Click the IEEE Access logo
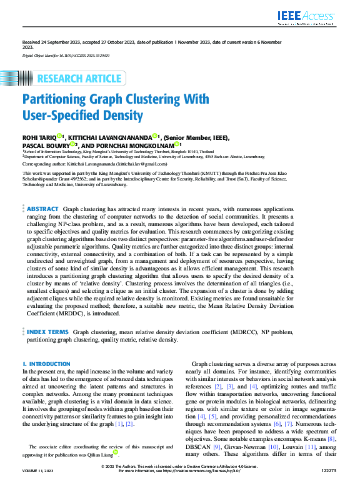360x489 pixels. pos(307,17)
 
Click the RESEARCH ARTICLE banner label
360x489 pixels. pos(79,78)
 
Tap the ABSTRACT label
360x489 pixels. pos(42,209)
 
